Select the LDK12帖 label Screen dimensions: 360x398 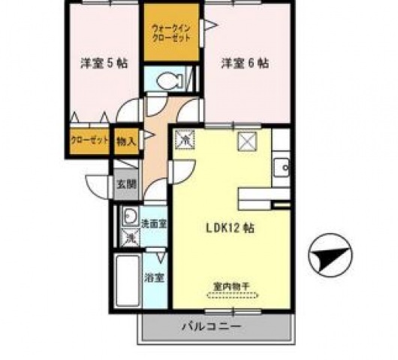tap(225, 227)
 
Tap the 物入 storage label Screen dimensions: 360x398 tap(127, 141)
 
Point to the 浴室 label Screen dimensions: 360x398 tap(155, 277)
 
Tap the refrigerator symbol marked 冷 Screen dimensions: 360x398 tap(185, 140)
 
